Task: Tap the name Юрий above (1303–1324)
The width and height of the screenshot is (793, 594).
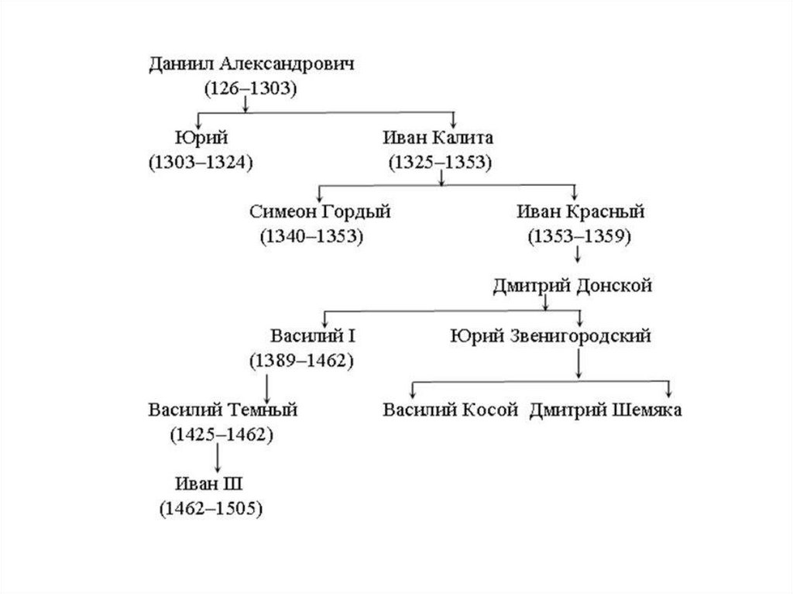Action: [x=201, y=138]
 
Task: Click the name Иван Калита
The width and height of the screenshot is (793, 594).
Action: [x=438, y=138]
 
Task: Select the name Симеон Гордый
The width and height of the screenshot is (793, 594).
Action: [x=321, y=212]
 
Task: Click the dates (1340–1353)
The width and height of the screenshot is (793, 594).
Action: [x=313, y=236]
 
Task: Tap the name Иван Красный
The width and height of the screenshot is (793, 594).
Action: [x=579, y=212]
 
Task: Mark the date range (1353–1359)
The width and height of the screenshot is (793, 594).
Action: [x=579, y=236]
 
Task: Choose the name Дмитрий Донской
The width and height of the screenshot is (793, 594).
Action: [x=572, y=286]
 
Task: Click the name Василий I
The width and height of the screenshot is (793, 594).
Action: [x=312, y=336]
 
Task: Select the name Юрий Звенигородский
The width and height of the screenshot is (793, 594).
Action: [x=550, y=336]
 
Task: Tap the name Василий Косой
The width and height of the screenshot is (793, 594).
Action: [x=450, y=410]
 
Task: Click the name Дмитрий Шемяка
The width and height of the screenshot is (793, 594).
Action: [x=606, y=410]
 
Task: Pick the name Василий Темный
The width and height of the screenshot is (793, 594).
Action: [x=223, y=410]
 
